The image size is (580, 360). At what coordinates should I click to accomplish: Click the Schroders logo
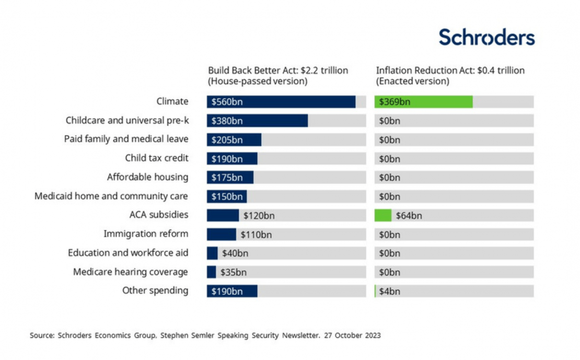486,38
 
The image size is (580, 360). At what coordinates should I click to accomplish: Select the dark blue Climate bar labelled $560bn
281,102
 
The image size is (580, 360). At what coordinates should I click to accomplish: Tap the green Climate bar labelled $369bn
424,102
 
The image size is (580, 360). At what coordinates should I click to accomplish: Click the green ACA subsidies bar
383,215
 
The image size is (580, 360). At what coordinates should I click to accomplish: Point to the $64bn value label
409,215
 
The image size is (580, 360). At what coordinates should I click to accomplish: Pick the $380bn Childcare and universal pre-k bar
257,121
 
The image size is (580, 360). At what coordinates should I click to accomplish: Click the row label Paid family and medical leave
126,139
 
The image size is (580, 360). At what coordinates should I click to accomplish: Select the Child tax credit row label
156,158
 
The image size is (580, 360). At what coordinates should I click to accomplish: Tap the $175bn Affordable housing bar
230,177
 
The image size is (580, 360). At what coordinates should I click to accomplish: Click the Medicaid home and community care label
111,196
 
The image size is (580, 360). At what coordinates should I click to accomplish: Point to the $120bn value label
259,215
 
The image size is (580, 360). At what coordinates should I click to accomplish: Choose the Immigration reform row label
146,234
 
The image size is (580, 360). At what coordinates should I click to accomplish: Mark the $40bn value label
234,253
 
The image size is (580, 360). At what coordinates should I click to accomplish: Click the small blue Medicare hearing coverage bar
211,272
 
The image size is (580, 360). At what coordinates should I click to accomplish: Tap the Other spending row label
155,291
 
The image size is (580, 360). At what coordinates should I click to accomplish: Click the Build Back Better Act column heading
277,76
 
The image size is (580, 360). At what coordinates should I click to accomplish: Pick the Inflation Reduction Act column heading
450,76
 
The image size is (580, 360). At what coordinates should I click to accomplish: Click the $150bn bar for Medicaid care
227,196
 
